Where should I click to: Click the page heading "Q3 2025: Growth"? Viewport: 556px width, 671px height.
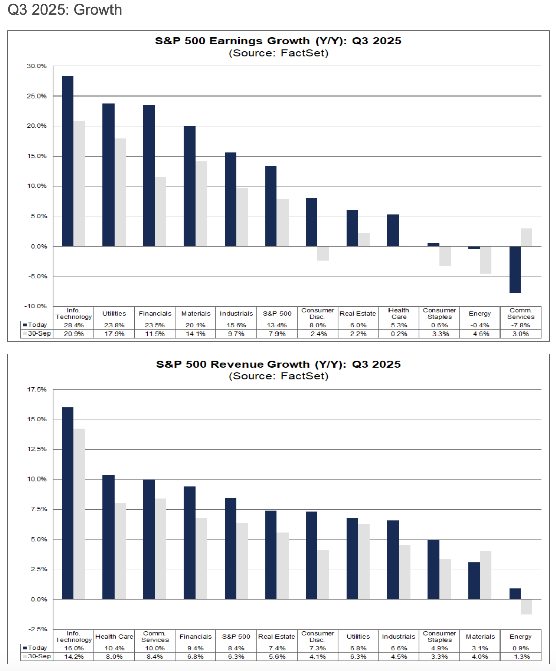(65, 10)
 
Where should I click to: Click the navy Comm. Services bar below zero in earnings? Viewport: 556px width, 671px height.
(515, 269)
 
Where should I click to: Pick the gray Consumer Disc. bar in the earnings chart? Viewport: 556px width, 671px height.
(323, 253)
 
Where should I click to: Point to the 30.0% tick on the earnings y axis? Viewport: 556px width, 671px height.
(37, 66)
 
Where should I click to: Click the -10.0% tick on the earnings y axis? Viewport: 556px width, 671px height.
(35, 306)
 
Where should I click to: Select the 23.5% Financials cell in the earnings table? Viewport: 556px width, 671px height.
(155, 325)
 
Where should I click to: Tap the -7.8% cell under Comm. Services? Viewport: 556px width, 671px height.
(520, 325)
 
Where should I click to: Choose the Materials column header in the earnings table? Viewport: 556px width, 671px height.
(196, 314)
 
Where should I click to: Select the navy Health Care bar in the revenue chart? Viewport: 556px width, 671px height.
(108, 537)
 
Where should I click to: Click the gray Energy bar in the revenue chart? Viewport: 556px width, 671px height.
(526, 607)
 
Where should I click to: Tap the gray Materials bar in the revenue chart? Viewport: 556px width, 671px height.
(486, 575)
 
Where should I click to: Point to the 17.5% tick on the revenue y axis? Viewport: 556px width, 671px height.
(37, 390)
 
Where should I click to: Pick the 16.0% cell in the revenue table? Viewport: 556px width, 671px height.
(74, 648)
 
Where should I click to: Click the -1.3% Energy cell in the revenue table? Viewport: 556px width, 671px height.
(520, 657)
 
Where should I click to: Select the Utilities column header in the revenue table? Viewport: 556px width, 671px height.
(358, 637)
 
